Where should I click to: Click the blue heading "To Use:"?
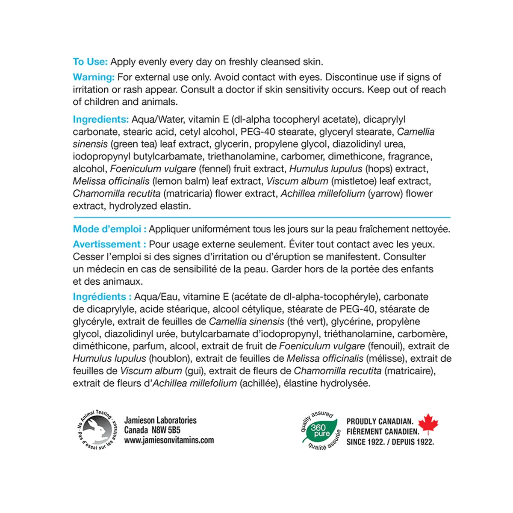point(90,62)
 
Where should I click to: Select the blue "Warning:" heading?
point(94,77)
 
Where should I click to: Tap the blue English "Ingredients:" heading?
point(100,119)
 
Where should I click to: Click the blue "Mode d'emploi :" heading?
point(109,229)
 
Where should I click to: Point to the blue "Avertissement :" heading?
point(109,245)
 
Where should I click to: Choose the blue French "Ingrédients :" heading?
point(102,297)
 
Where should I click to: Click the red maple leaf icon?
point(428,424)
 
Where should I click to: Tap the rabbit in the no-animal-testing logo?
point(96,429)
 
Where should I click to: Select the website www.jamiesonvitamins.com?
point(169,440)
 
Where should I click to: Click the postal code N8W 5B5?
point(166,430)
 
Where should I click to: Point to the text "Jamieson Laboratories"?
point(160,420)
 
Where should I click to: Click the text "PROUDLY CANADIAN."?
point(380,422)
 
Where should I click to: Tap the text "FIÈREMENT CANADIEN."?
point(383,432)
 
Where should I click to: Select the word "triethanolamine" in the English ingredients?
point(242,156)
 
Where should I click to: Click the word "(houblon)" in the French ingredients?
point(169,359)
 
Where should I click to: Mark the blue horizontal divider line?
point(262,218)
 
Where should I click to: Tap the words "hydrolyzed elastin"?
point(150,206)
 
